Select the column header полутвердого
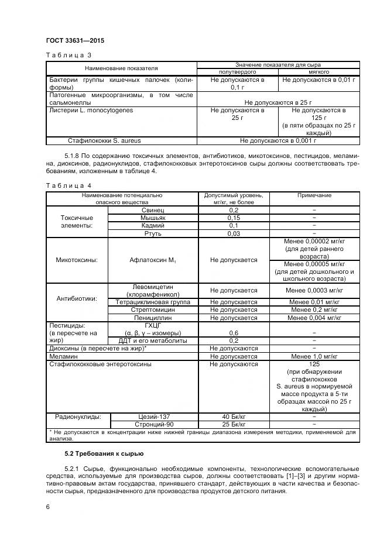pos(238,71)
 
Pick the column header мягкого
pos(318,71)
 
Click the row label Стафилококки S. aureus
pos(104,140)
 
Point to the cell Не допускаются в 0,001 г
pos(278,140)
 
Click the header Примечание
pos(314,195)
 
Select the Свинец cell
pos(153,209)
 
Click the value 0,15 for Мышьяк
pos(234,217)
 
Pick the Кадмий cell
pos(153,225)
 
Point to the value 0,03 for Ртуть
pos(234,233)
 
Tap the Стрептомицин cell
pos(153,310)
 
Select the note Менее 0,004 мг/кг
pos(314,318)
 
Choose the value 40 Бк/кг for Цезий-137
pos(234,417)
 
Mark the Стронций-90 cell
pos(153,424)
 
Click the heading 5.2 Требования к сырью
pos(102,454)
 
